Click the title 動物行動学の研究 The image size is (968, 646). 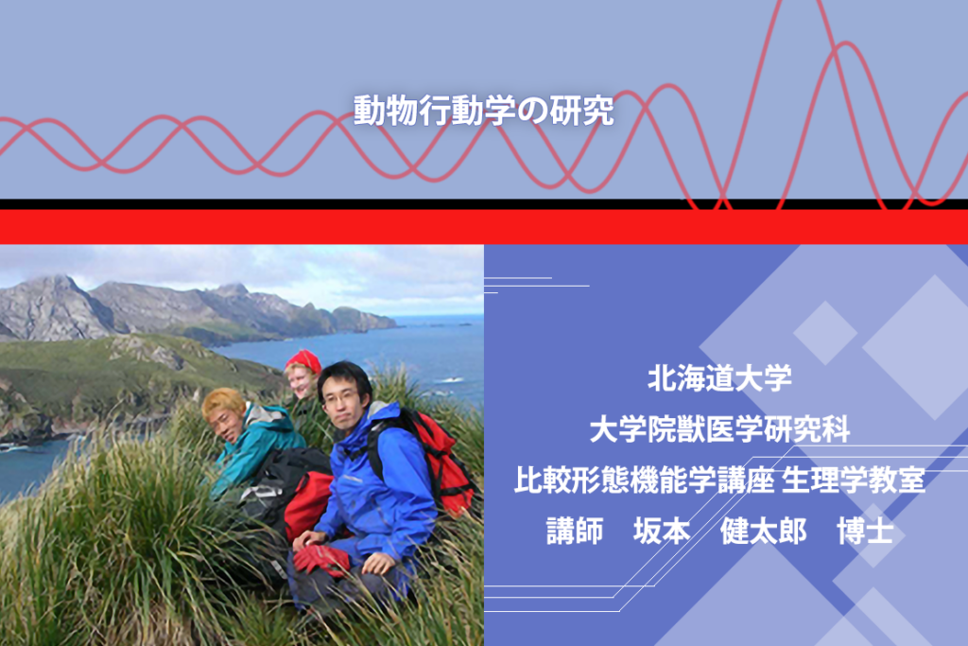(x=483, y=111)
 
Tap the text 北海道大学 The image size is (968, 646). (x=719, y=378)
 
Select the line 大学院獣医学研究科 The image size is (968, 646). (x=719, y=429)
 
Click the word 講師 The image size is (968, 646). (x=575, y=532)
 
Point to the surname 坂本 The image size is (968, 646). (x=661, y=532)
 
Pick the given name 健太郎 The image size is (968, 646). (x=763, y=532)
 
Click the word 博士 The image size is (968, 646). (x=865, y=532)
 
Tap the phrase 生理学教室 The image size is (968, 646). (x=854, y=480)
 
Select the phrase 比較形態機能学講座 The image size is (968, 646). (x=644, y=480)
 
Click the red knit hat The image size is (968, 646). (x=304, y=361)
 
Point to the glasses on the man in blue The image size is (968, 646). (x=339, y=397)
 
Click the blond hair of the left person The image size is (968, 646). (x=222, y=401)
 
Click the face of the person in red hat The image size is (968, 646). (x=302, y=383)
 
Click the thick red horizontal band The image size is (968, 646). (x=484, y=227)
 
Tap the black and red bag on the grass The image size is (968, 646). (x=290, y=494)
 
